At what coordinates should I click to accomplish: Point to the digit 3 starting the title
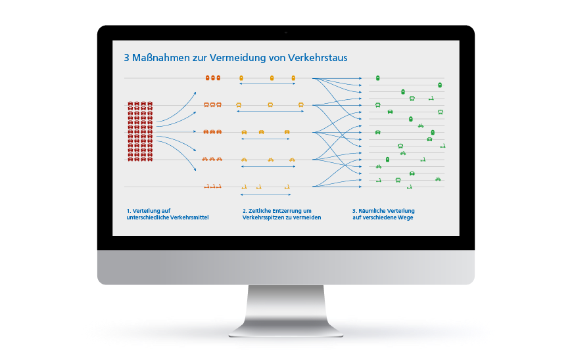click(x=127, y=58)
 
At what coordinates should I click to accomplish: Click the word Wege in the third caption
click(x=406, y=217)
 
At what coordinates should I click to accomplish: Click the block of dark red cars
click(x=140, y=131)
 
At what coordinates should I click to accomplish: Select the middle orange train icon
click(x=213, y=78)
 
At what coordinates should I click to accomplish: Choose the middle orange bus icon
click(x=213, y=104)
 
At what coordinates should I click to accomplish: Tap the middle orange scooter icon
click(x=212, y=187)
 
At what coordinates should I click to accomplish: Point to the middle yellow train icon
click(x=272, y=78)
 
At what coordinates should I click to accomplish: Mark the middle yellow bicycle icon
click(x=270, y=159)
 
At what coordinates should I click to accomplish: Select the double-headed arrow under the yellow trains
click(x=267, y=84)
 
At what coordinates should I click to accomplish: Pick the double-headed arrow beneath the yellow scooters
click(x=266, y=194)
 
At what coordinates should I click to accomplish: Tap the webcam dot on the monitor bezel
click(x=285, y=32)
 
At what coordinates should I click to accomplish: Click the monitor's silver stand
click(x=285, y=309)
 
